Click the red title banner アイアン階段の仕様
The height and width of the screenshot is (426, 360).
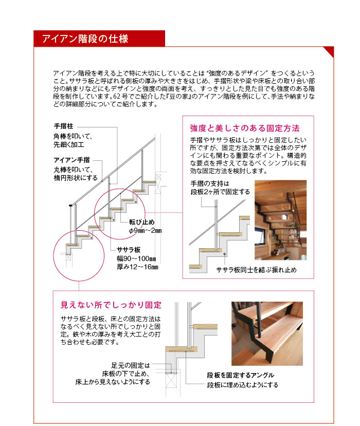point(99,39)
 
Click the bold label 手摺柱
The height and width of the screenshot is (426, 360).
point(64,126)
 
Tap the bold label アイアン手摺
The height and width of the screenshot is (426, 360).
point(72,160)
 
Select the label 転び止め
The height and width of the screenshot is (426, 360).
point(141,222)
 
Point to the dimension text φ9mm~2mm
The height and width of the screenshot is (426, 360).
point(145,231)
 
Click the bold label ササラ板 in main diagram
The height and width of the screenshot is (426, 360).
point(129,250)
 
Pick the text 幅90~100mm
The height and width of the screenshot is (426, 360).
point(136,258)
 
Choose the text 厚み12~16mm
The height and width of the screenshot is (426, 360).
point(137,267)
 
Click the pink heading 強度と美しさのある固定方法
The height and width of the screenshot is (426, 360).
point(244,128)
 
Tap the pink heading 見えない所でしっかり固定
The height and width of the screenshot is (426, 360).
point(111,305)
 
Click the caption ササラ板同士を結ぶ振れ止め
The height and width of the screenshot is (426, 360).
point(256,270)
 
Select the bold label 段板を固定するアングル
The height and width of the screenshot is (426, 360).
point(241,375)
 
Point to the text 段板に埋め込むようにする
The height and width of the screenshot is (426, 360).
point(243,385)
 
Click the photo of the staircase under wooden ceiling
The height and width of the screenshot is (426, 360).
point(281,220)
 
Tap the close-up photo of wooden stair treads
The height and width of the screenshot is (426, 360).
point(267,334)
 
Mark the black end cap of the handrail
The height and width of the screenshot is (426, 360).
point(70,205)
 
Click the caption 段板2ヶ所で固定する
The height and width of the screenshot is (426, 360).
point(220,192)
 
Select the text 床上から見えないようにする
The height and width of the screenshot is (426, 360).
point(113,382)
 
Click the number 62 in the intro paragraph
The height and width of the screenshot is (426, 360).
point(116,96)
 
